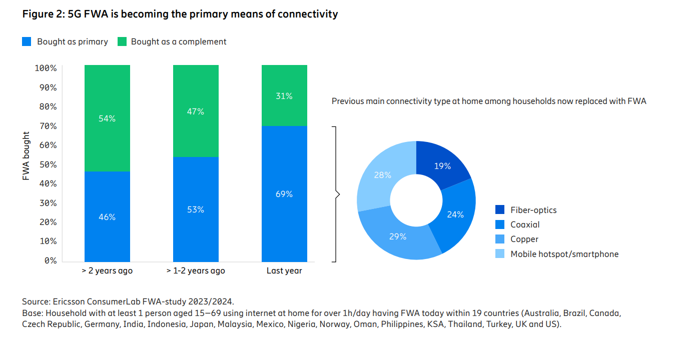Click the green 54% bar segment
click(107, 118)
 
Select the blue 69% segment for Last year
click(284, 193)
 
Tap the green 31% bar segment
click(284, 95)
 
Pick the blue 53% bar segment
click(196, 209)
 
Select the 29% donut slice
click(398, 236)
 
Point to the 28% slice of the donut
click(382, 175)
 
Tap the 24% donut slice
click(455, 214)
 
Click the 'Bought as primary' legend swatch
click(27, 42)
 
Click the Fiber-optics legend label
click(533, 210)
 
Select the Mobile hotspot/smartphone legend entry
click(564, 254)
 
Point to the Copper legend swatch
click(500, 239)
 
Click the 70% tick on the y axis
click(46, 126)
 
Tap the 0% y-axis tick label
click(49, 260)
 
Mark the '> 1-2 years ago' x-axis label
click(196, 271)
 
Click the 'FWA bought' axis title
click(27, 156)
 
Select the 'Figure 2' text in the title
click(42, 14)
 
